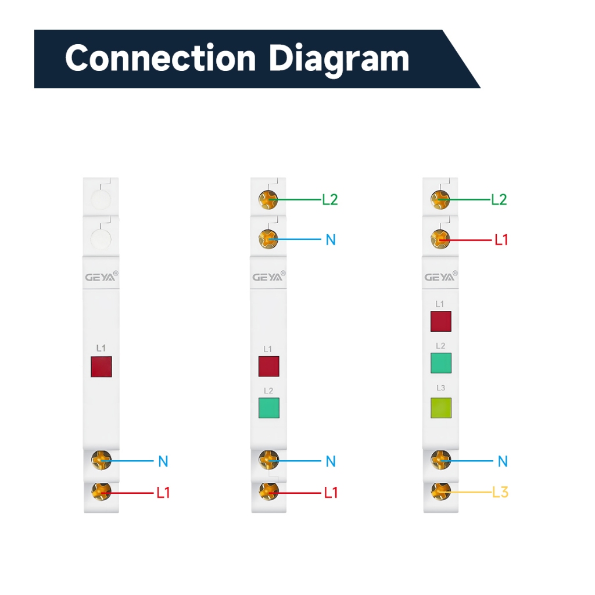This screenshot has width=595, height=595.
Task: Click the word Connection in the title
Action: click(160, 58)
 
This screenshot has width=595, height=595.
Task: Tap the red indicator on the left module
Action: click(101, 367)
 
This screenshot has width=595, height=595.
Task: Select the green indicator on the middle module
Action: click(268, 408)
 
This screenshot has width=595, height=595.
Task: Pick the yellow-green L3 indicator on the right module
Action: click(441, 408)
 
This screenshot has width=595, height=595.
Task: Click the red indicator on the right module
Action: click(441, 321)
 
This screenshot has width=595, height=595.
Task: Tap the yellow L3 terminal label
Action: click(500, 493)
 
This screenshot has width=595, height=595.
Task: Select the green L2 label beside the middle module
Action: click(330, 200)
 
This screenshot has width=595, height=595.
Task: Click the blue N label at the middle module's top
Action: click(331, 240)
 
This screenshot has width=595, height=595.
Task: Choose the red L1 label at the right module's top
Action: click(501, 240)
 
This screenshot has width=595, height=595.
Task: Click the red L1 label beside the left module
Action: click(163, 493)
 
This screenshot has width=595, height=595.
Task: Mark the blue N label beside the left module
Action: click(163, 461)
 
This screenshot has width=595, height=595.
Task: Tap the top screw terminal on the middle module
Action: click(268, 200)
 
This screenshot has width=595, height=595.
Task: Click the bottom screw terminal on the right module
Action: click(440, 492)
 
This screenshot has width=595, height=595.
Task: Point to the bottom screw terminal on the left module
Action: click(101, 492)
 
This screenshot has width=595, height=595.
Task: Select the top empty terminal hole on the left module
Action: click(101, 199)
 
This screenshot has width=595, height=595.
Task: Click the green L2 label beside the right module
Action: click(499, 200)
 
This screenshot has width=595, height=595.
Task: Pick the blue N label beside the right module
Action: click(503, 461)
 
